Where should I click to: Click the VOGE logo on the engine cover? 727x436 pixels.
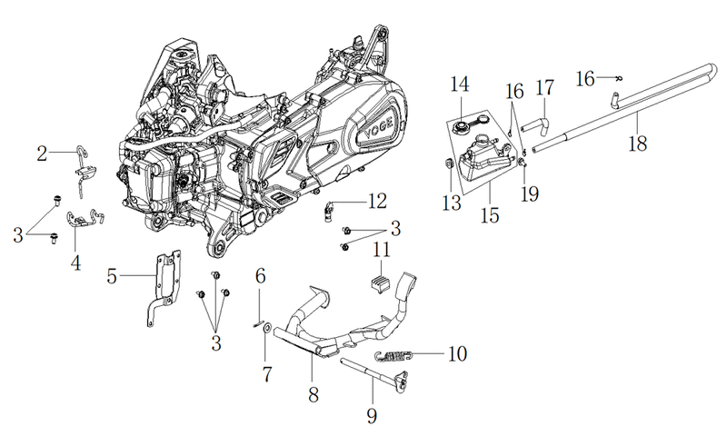(x=378, y=128)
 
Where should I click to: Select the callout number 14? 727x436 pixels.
(x=460, y=84)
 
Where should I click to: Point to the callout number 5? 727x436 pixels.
(x=112, y=276)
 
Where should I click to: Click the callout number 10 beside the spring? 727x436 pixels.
(x=457, y=353)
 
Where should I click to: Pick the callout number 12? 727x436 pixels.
(x=378, y=201)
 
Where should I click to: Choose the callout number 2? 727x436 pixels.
(x=42, y=153)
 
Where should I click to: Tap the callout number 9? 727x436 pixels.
(x=372, y=415)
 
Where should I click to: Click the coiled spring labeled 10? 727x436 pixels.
(x=393, y=356)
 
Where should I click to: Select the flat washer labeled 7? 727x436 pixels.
(x=267, y=329)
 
